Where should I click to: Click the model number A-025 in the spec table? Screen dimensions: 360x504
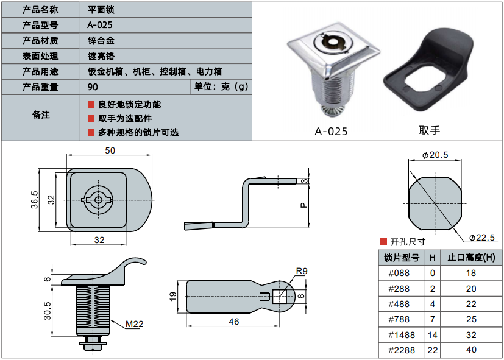pos(100,25)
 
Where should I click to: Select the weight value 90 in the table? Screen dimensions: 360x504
pos(93,86)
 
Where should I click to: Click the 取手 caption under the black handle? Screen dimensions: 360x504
pos(429,130)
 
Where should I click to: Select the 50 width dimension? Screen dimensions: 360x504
pos(110,150)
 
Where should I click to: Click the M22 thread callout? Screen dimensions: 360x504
pos(134,324)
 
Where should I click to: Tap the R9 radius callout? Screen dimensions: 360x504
pos(302,271)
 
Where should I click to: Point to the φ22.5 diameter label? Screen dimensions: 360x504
pos(481,238)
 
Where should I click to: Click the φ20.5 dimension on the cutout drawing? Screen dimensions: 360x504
pos(435,155)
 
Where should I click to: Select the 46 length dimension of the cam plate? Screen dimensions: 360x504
pos(233,322)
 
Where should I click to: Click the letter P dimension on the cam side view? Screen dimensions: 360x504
pos(303,205)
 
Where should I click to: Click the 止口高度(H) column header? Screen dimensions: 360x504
pos(470,258)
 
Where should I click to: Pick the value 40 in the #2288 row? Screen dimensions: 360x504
pos(470,350)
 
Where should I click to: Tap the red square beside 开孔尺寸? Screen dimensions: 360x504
pos(383,242)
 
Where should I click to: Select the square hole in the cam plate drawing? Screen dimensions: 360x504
pos(280,297)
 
